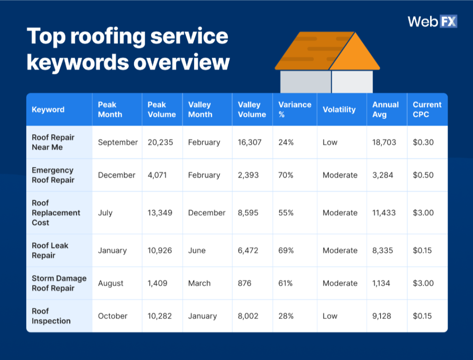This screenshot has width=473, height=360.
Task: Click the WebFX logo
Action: click(432, 21)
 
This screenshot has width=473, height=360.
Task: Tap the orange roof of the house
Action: click(328, 51)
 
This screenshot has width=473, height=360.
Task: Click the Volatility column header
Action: click(339, 109)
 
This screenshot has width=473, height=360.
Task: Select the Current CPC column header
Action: click(427, 109)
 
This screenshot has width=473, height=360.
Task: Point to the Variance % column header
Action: click(294, 109)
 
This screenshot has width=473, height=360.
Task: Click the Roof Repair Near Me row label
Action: click(53, 142)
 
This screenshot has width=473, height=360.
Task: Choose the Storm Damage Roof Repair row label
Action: click(59, 283)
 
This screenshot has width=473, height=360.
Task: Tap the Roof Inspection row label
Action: click(51, 316)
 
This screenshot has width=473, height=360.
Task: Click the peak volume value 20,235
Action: click(160, 142)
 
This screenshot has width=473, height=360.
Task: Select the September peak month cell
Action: click(118, 142)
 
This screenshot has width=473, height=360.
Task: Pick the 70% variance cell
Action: click(286, 175)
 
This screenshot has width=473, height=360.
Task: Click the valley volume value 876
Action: click(244, 283)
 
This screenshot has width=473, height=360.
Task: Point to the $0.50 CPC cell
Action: click(423, 175)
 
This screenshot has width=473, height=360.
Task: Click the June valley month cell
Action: click(197, 250)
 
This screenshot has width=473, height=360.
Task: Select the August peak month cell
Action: click(110, 283)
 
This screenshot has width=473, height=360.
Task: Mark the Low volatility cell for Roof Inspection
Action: click(330, 316)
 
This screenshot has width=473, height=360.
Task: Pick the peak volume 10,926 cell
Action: click(160, 250)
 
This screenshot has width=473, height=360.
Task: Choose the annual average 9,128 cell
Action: click(384, 316)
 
